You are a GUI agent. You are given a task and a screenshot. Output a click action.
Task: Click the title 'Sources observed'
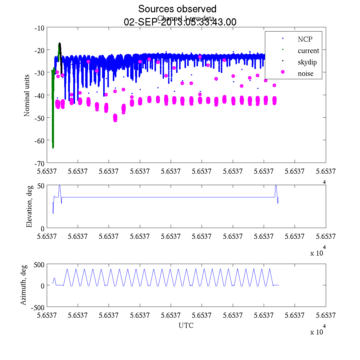(177, 9)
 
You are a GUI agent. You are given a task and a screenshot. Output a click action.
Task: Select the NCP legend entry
(305, 39)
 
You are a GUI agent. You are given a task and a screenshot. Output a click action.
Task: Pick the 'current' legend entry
(308, 51)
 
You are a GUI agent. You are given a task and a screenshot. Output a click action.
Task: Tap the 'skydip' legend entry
(307, 62)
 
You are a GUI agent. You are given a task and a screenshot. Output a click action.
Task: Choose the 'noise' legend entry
(305, 74)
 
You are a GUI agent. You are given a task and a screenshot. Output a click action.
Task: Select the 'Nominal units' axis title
(27, 95)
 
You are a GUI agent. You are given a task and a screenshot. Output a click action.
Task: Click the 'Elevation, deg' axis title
(29, 207)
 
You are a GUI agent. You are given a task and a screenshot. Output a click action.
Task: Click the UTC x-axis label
(186, 325)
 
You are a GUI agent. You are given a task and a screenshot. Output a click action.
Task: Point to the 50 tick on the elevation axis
(41, 186)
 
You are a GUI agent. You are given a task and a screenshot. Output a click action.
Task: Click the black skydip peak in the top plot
(60, 44)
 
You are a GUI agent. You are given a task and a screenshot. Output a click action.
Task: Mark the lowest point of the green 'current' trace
(53, 147)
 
